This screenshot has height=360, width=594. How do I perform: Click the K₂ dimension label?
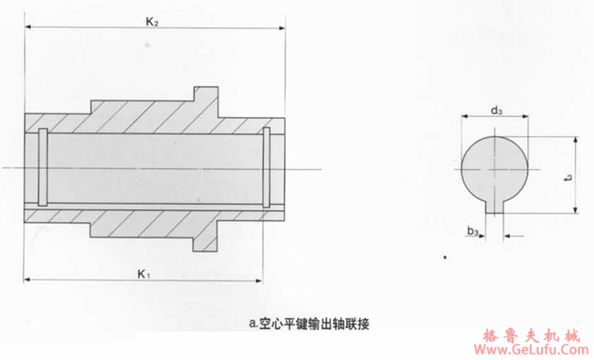pos(152,21)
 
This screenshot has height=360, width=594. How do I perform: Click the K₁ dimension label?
pos(143,272)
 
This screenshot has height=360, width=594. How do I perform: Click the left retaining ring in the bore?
pos(42,167)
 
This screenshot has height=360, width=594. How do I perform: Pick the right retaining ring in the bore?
pos(266,167)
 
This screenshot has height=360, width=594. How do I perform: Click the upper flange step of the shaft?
pos(205,95)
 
